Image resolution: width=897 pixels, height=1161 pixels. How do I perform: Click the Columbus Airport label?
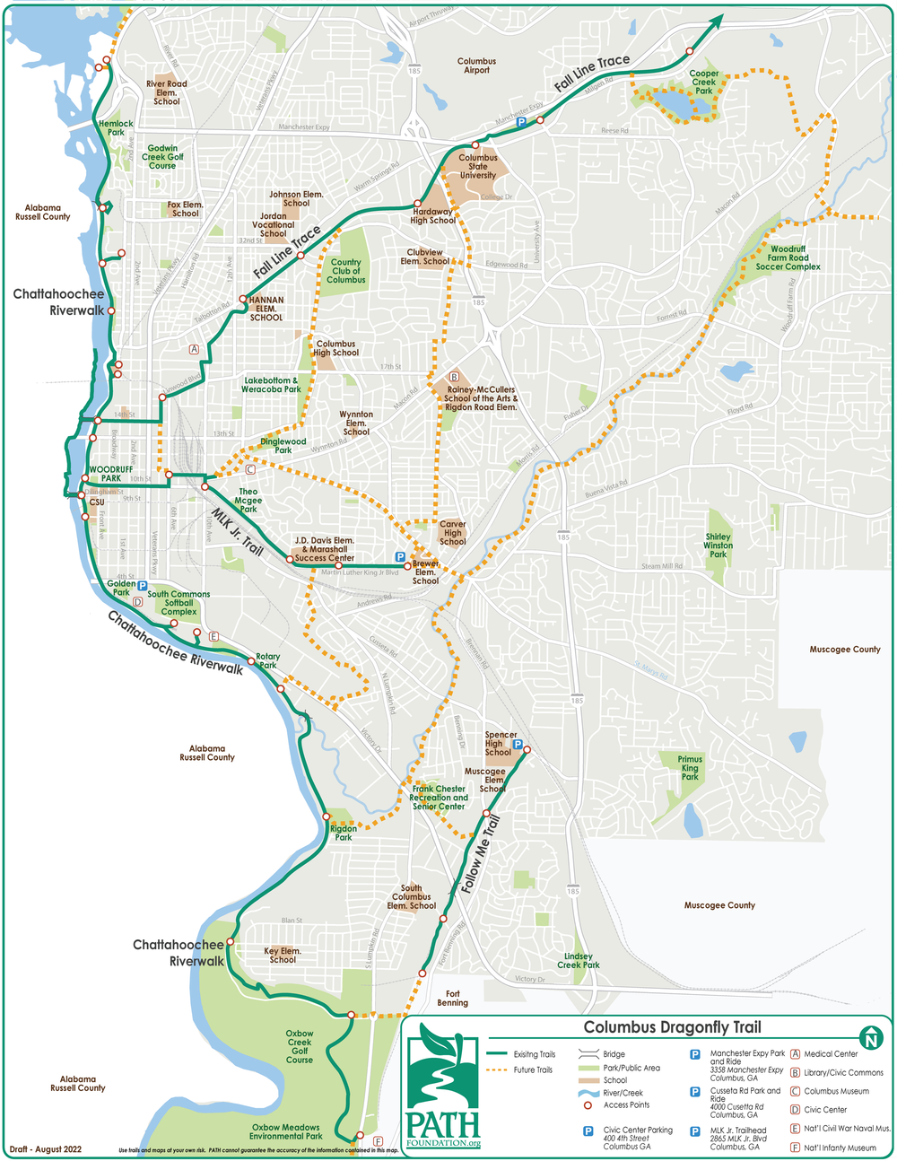click(x=476, y=66)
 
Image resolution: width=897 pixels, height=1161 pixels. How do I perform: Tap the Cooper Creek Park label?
click(x=704, y=83)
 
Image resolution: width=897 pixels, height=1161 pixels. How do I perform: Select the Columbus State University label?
click(x=478, y=167)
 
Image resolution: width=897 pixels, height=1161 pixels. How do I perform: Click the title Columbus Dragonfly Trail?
click(x=672, y=1027)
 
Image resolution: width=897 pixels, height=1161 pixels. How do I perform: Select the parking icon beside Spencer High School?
click(x=518, y=744)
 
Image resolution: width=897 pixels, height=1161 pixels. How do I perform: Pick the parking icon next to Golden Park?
click(x=143, y=586)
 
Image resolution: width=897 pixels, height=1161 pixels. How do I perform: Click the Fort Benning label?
click(x=453, y=998)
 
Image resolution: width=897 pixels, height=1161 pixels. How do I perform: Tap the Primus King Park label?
click(x=690, y=768)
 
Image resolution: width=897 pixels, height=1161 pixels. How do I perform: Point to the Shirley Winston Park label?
click(x=718, y=546)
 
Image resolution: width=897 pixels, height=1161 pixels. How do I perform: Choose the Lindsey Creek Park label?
click(x=579, y=961)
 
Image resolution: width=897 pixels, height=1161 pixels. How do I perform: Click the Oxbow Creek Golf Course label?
click(x=300, y=1046)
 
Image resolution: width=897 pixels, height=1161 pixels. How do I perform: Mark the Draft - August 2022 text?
click(x=46, y=1149)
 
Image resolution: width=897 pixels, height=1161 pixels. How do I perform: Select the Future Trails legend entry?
click(x=535, y=1069)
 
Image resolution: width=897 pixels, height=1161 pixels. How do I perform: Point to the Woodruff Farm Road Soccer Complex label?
click(x=788, y=258)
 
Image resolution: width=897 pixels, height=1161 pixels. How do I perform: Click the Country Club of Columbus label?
click(x=346, y=271)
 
